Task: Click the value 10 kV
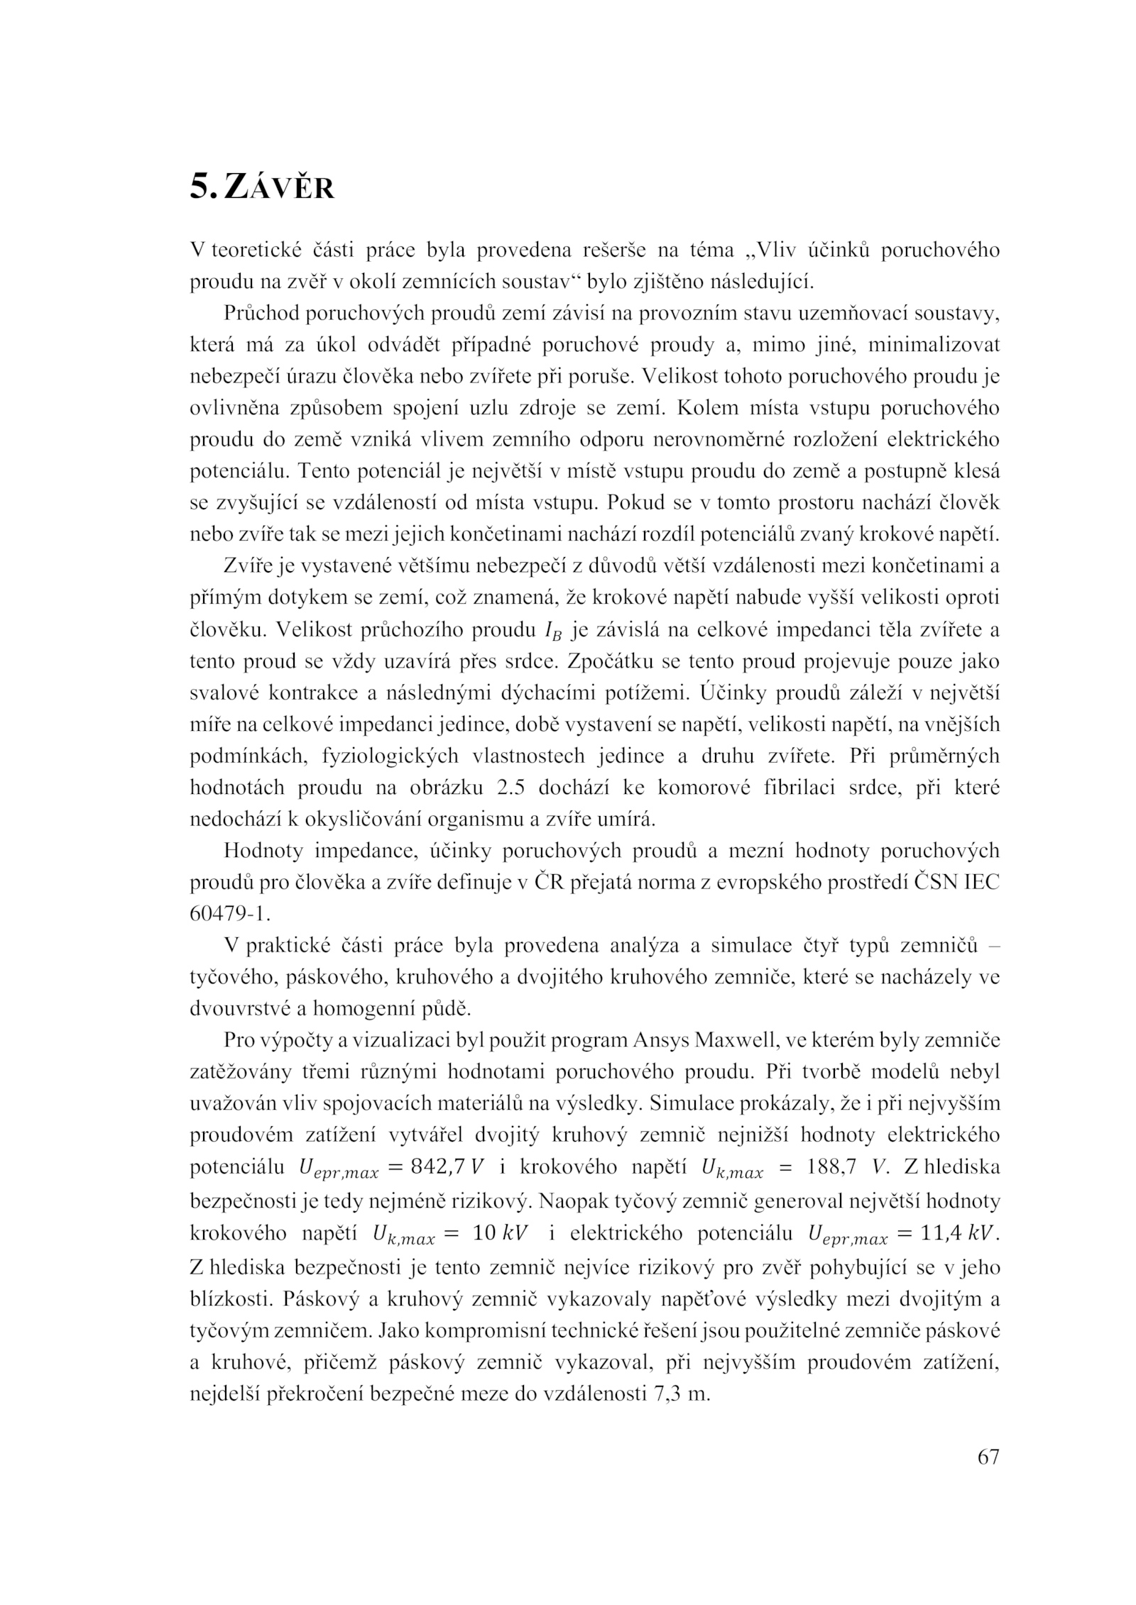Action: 501,1232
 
